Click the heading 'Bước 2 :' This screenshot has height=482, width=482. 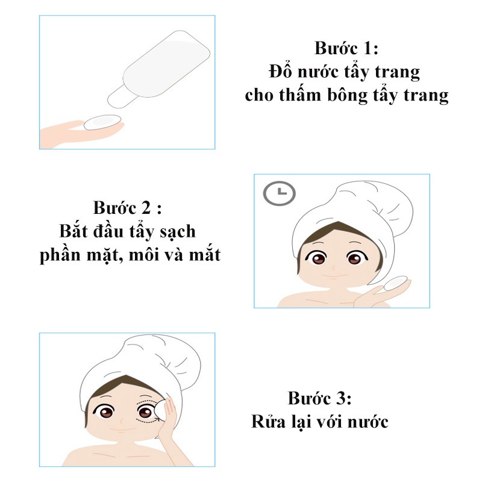point(128,208)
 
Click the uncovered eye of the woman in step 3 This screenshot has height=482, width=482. point(108,413)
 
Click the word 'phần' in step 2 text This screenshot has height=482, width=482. point(60,255)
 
